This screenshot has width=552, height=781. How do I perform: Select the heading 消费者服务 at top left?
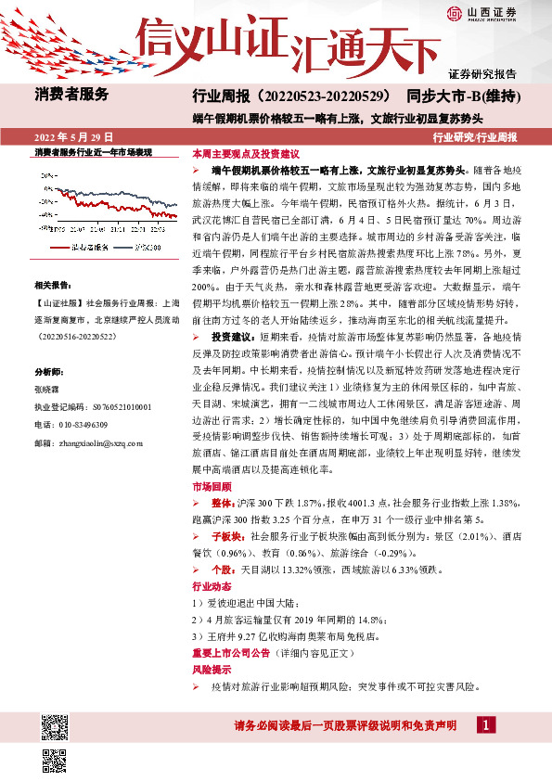click(x=72, y=94)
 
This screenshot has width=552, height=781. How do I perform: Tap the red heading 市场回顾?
click(x=209, y=486)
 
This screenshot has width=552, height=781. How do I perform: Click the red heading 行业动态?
click(x=209, y=587)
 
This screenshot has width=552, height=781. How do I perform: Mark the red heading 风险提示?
click(x=209, y=668)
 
